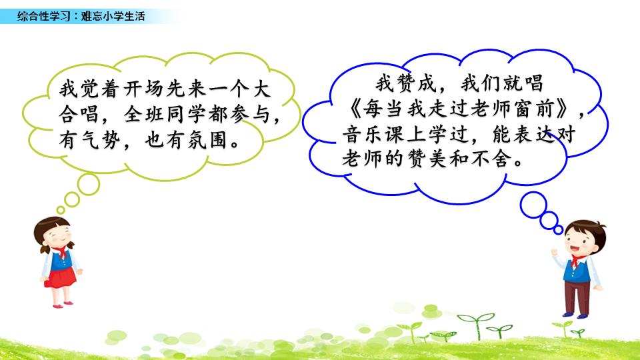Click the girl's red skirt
[60, 278]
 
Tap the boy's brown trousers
[577, 297]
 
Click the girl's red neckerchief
[61, 252]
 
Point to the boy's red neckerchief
[576, 260]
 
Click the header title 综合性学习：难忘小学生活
[81, 16]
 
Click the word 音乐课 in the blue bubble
[374, 134]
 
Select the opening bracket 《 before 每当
[354, 109]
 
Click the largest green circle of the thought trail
[89, 184]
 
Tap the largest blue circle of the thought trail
[533, 205]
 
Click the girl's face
[58, 235]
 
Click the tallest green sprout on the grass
[476, 325]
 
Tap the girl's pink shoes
[63, 305]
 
